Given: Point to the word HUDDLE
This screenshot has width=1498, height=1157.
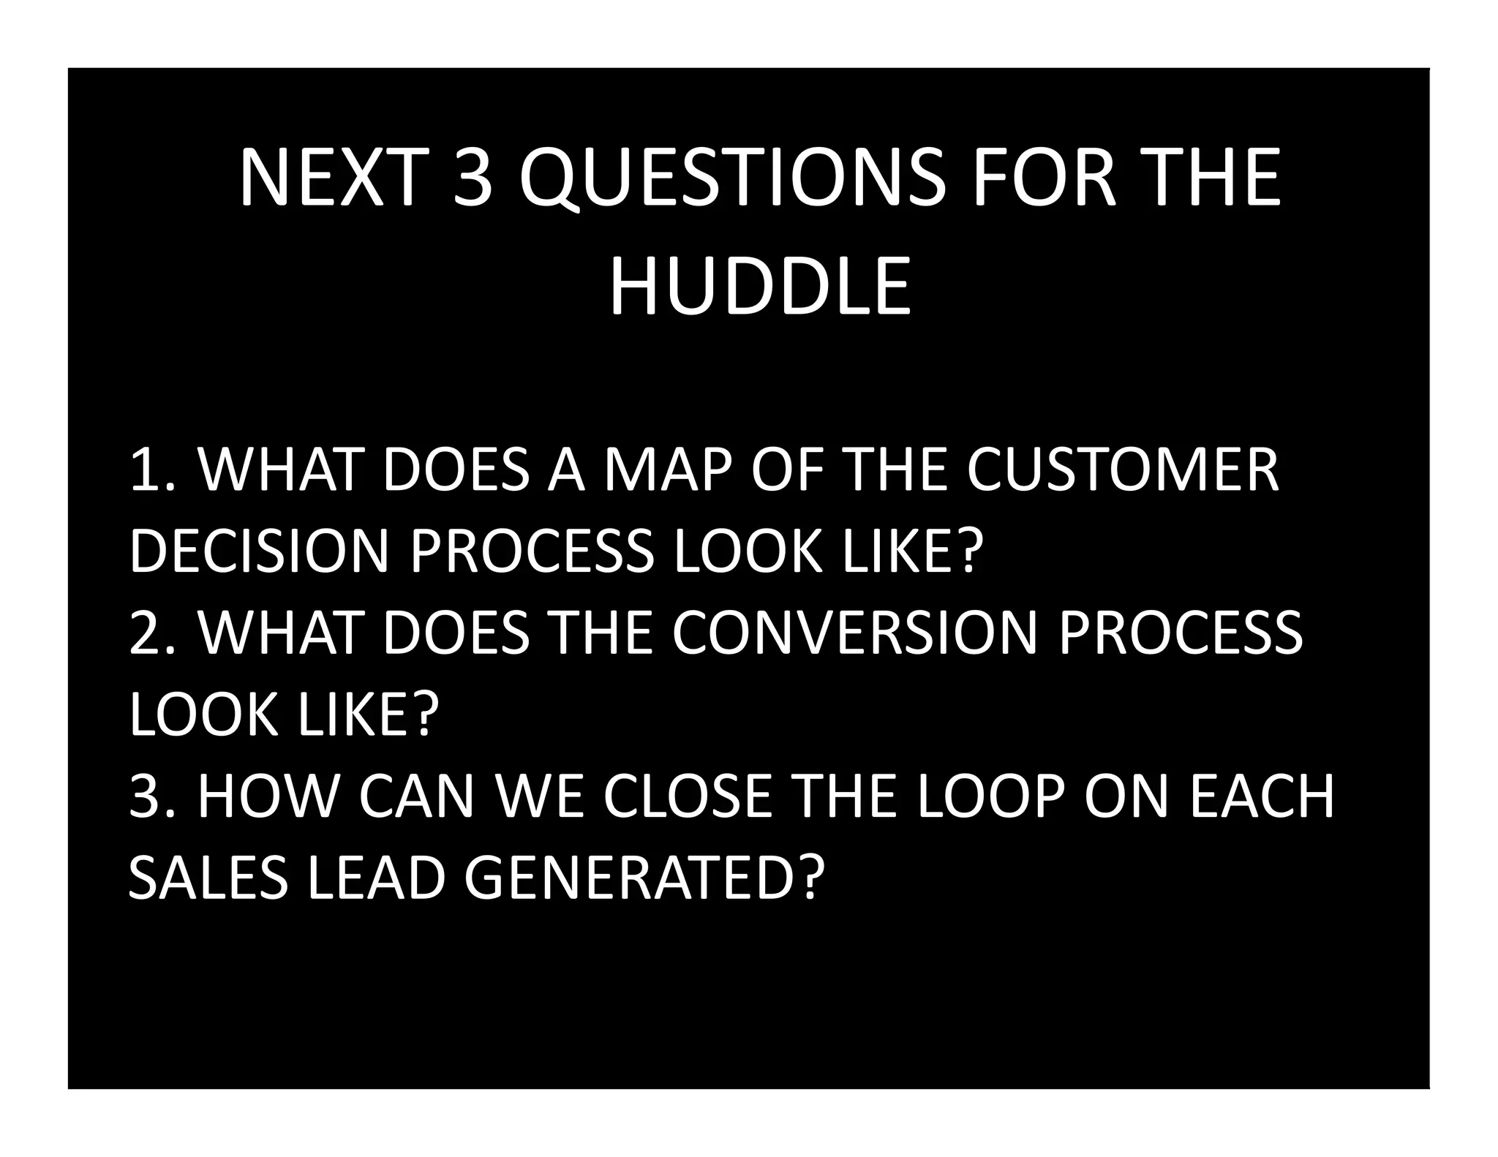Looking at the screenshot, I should click(x=760, y=286).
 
